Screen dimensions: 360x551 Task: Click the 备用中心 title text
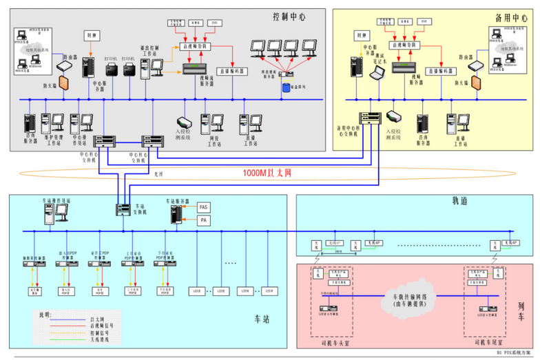[511, 17]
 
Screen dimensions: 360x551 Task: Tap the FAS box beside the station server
[204, 207]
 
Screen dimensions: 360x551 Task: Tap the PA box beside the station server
[204, 220]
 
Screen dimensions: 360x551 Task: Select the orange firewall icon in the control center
[64, 83]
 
